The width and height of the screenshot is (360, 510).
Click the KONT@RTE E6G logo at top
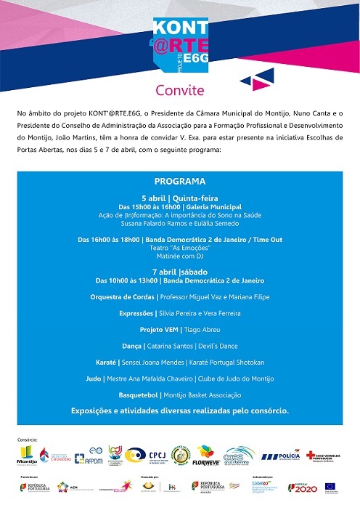(x=179, y=40)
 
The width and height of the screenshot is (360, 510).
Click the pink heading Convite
(x=179, y=91)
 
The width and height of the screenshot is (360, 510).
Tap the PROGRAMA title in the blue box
(x=179, y=181)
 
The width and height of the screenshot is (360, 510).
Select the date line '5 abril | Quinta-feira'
(x=179, y=198)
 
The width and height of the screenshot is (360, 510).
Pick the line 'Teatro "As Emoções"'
(x=179, y=248)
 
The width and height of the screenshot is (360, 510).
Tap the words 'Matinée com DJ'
(x=179, y=256)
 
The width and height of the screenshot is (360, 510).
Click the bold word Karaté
(x=107, y=362)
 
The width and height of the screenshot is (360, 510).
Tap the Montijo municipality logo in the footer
(x=26, y=456)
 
